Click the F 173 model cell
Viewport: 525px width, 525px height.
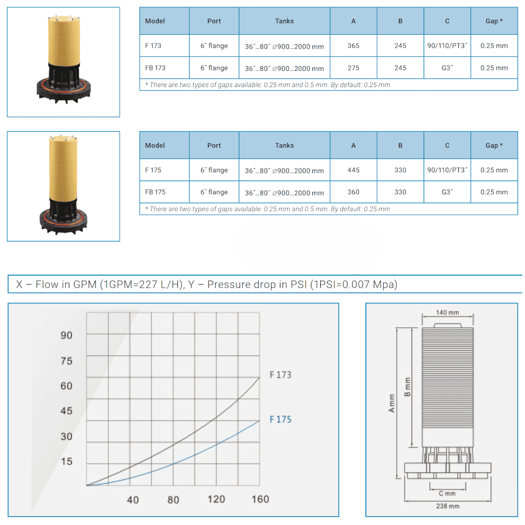click(153, 46)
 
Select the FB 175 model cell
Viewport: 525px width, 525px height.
click(155, 192)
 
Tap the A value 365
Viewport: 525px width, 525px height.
click(353, 46)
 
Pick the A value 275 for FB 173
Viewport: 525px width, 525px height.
click(353, 68)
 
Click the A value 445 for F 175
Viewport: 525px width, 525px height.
click(353, 170)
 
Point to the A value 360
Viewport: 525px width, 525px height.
click(353, 192)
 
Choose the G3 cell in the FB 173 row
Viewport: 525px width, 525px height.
click(447, 68)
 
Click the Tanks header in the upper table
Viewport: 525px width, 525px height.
click(284, 21)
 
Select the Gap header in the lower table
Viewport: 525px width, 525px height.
click(494, 145)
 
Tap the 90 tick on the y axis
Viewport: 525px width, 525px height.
click(66, 335)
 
